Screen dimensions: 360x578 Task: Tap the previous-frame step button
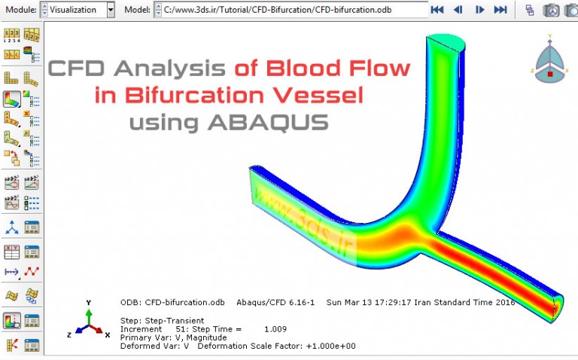coord(458,10)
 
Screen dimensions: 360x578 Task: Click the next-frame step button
coord(479,10)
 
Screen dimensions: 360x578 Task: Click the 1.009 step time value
coord(276,329)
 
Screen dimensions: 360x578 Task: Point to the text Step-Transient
coord(172,320)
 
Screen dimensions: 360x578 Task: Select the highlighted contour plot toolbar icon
coord(12,99)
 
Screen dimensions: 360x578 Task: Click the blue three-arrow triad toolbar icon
coord(12,227)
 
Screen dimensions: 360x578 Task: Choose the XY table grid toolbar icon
coord(12,252)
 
